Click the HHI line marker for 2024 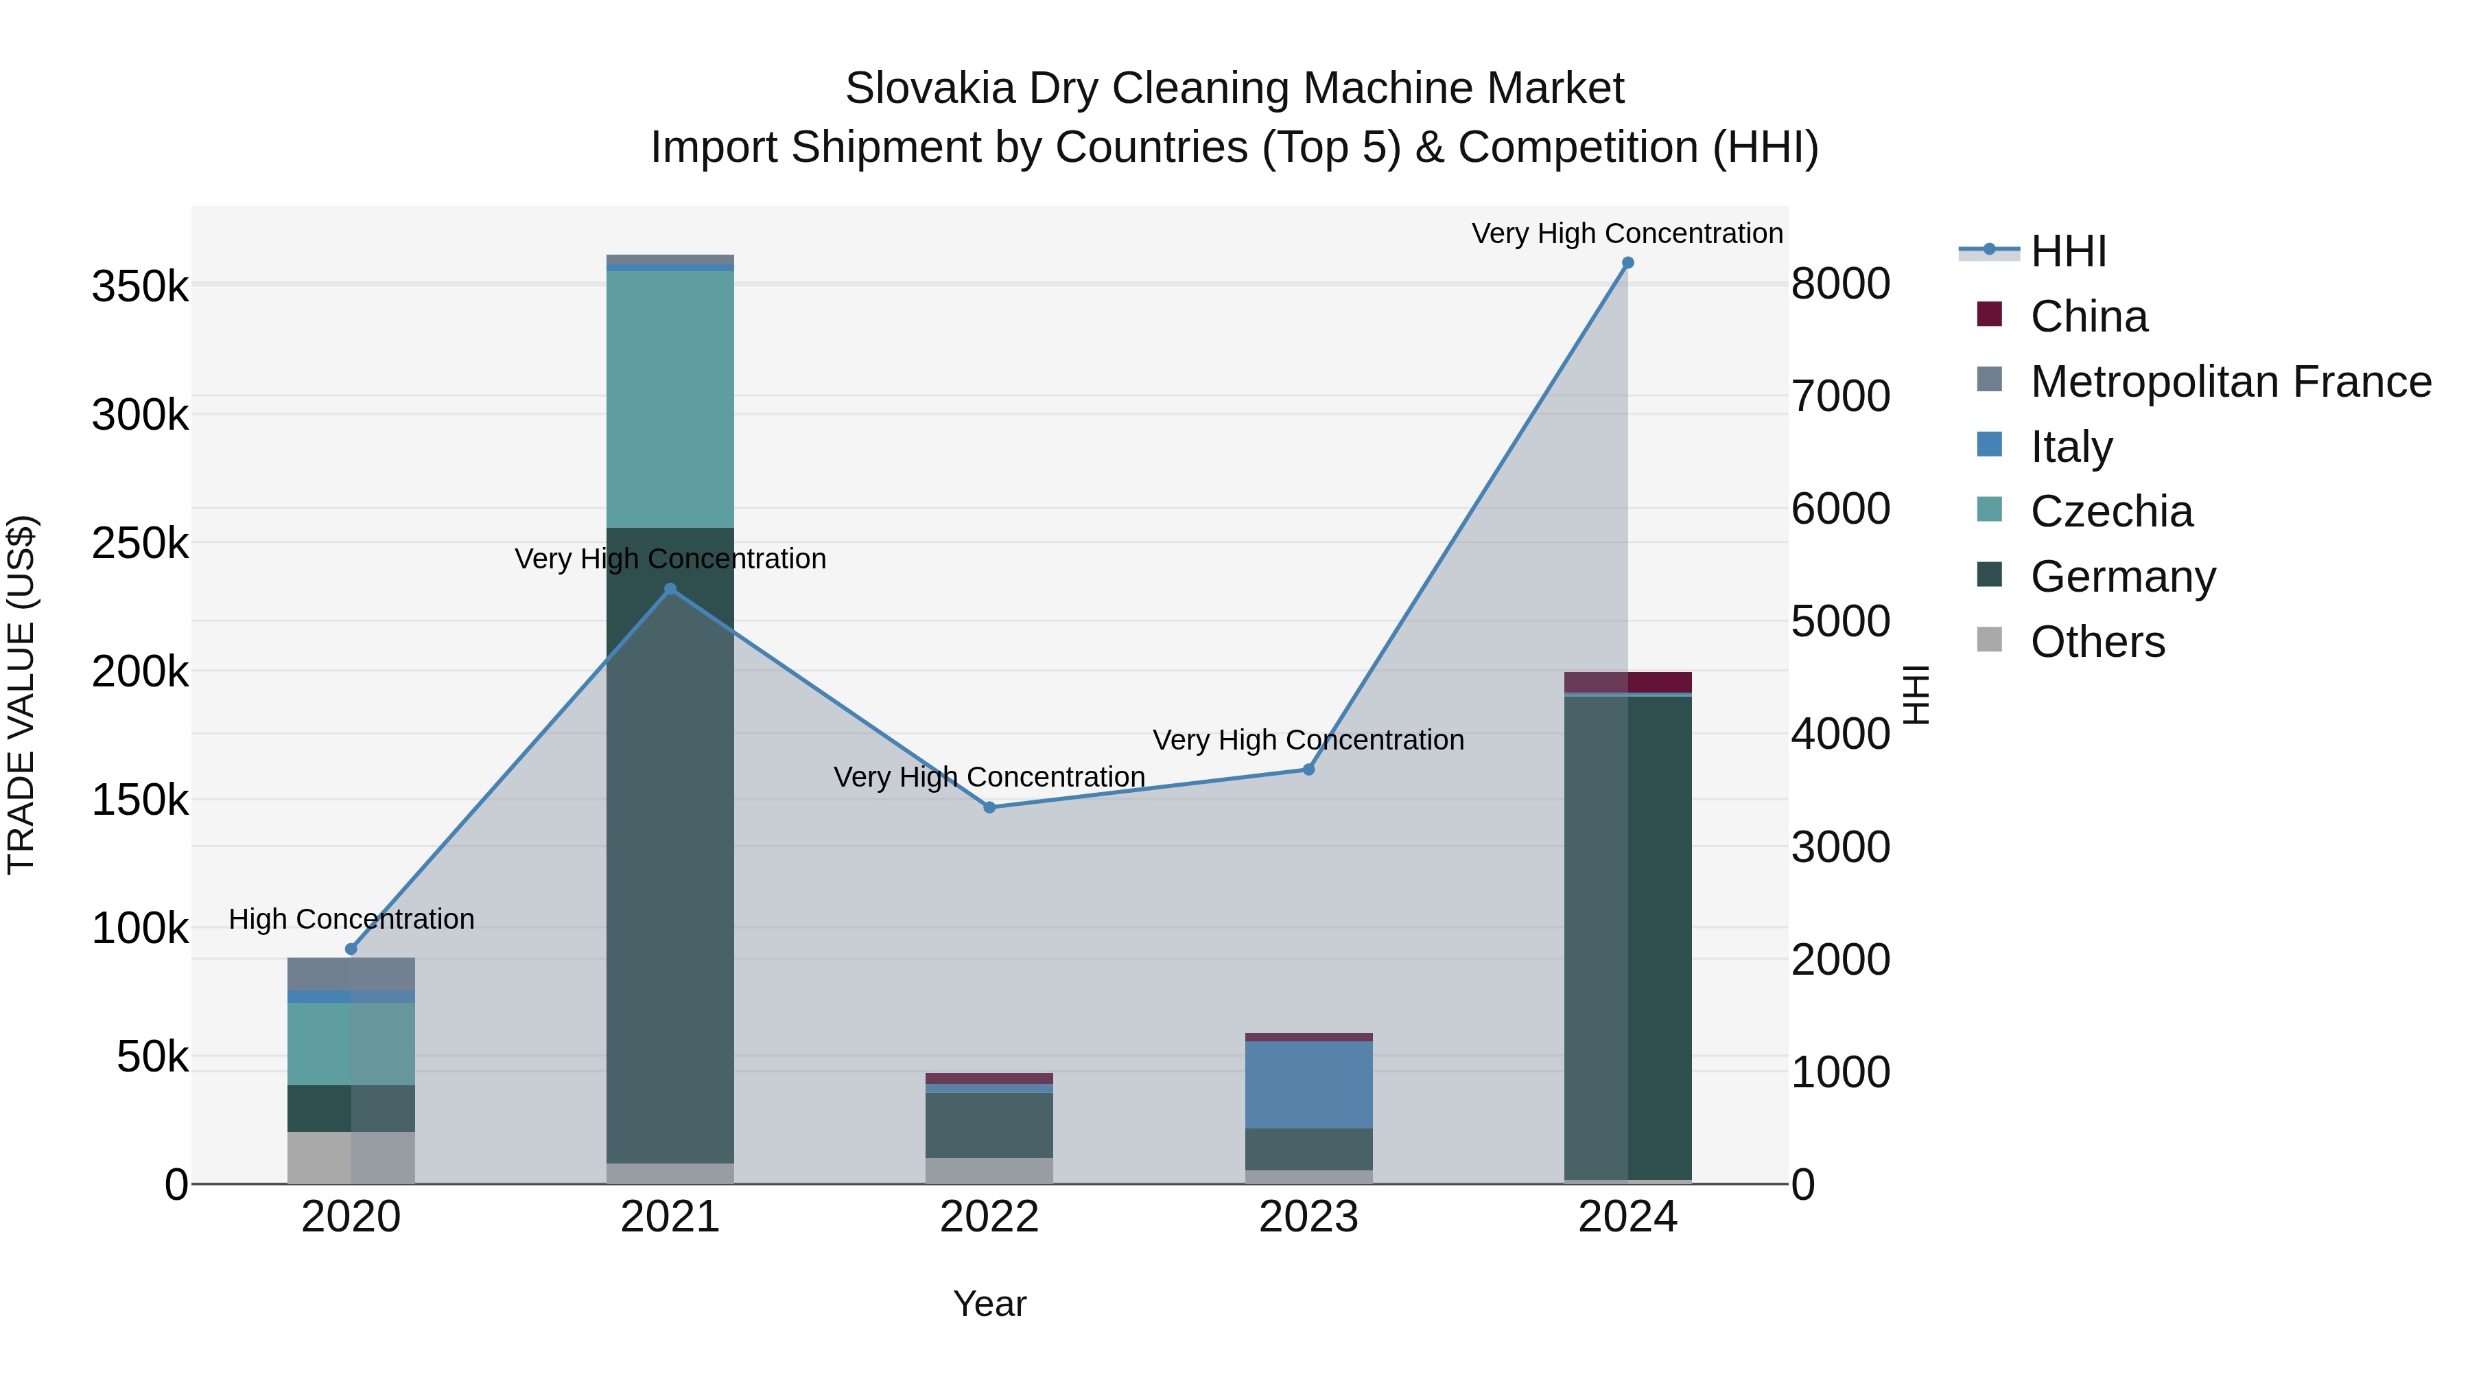(x=1627, y=263)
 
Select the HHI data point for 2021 (x=670, y=589)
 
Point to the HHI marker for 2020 (x=351, y=949)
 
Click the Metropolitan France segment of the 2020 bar (x=351, y=973)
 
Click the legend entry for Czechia (x=2110, y=511)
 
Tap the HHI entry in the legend (x=2068, y=251)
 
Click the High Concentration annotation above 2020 (x=351, y=919)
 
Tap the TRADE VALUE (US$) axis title (x=21, y=695)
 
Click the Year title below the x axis (x=989, y=1304)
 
